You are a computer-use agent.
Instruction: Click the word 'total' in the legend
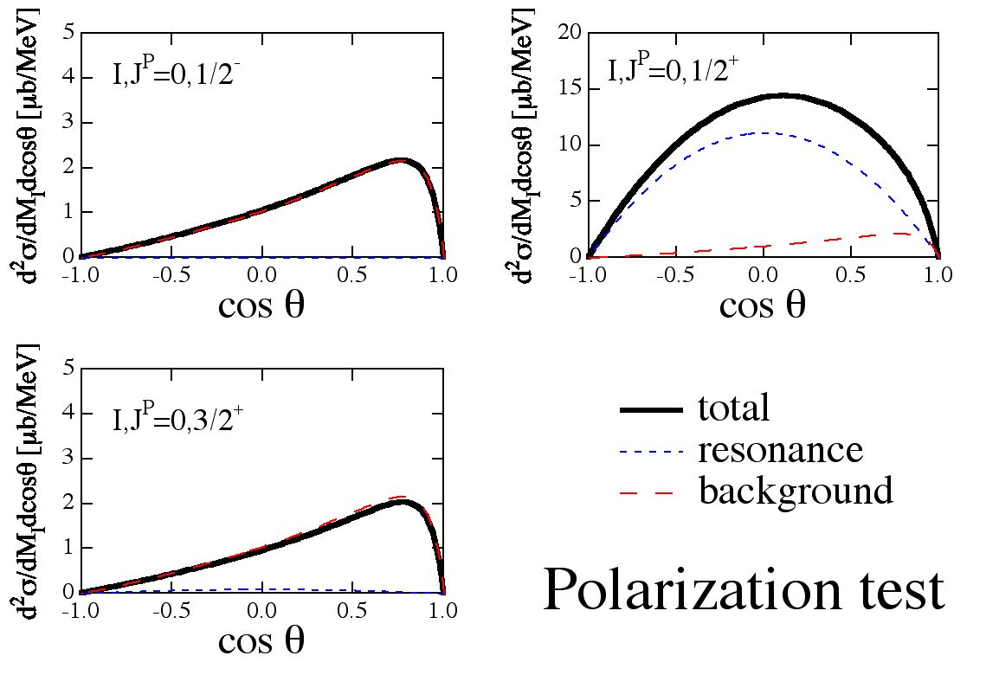click(x=733, y=408)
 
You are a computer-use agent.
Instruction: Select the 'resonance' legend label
click(x=781, y=450)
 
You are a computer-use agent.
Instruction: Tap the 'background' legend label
click(x=796, y=491)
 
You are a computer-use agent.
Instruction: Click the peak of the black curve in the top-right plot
click(x=783, y=95)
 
